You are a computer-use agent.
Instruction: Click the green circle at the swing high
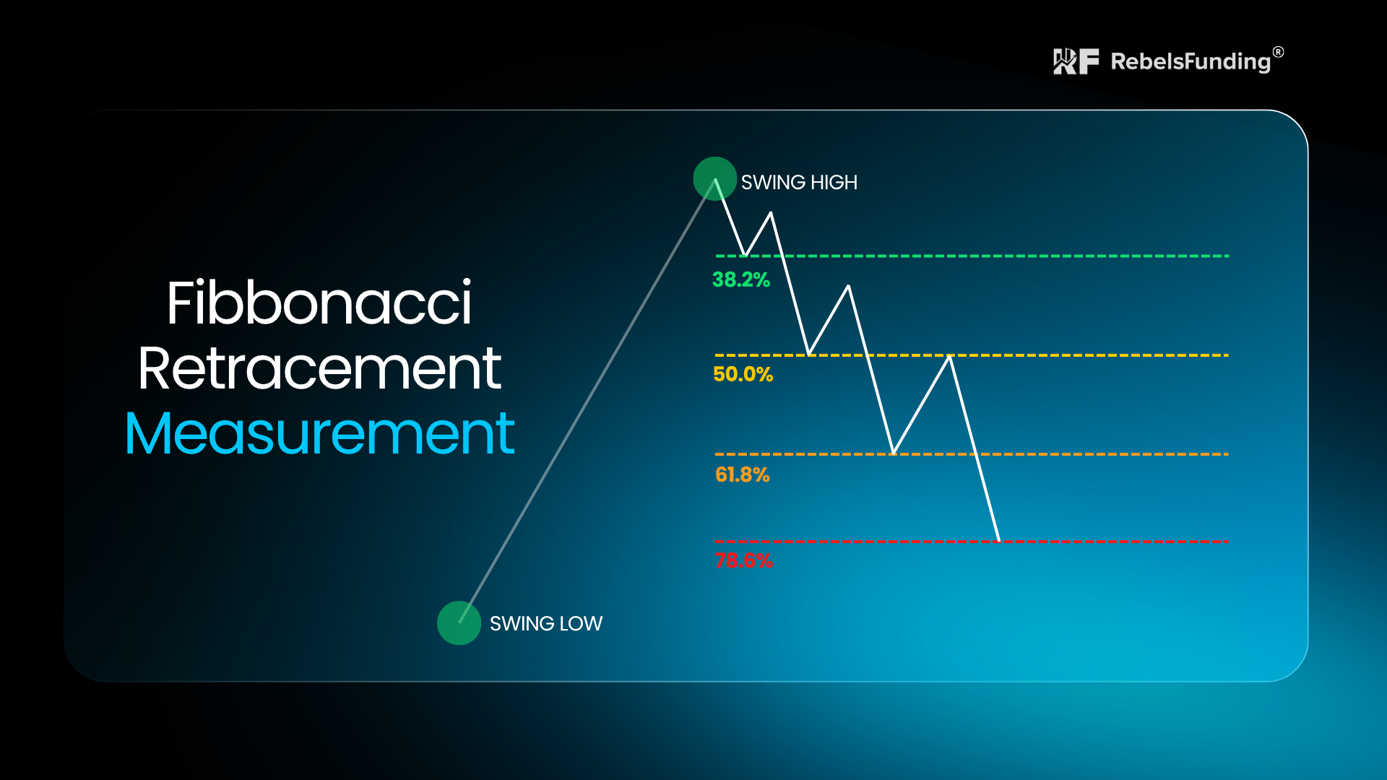tap(714, 178)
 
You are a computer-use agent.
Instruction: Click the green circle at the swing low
tap(459, 623)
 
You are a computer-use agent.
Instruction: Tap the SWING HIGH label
tap(799, 183)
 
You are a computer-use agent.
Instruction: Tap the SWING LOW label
tap(546, 624)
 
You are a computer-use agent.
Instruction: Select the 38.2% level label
tap(741, 280)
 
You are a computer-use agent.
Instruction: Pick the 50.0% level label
tap(743, 374)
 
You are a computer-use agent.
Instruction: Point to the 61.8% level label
tap(742, 474)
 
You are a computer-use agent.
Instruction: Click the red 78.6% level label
tap(743, 560)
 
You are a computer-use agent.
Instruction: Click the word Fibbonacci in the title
tap(319, 303)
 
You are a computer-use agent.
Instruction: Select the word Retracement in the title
tap(319, 368)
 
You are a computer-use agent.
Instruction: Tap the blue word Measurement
tap(319, 433)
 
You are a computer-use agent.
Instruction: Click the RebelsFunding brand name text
tap(1191, 62)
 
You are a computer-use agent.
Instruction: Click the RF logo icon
tap(1076, 61)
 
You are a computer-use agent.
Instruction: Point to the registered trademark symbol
tap(1279, 52)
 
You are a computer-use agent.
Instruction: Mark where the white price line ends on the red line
tap(998, 540)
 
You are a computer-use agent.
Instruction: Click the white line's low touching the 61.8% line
tap(894, 454)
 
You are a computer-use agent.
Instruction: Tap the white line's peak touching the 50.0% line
tap(950, 356)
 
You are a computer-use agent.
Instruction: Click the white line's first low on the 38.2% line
tap(744, 256)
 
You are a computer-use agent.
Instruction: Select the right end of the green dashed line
tap(1228, 256)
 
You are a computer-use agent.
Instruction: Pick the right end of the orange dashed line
tap(1228, 454)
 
